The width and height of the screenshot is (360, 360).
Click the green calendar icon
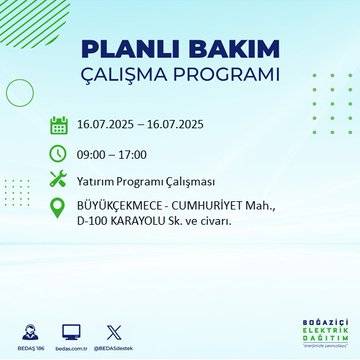pyautogui.click(x=58, y=126)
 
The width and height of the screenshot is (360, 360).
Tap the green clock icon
pyautogui.click(x=58, y=153)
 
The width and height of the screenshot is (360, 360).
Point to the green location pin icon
pyautogui.click(x=58, y=211)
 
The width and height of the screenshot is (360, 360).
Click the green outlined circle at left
pyautogui.click(x=20, y=93)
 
